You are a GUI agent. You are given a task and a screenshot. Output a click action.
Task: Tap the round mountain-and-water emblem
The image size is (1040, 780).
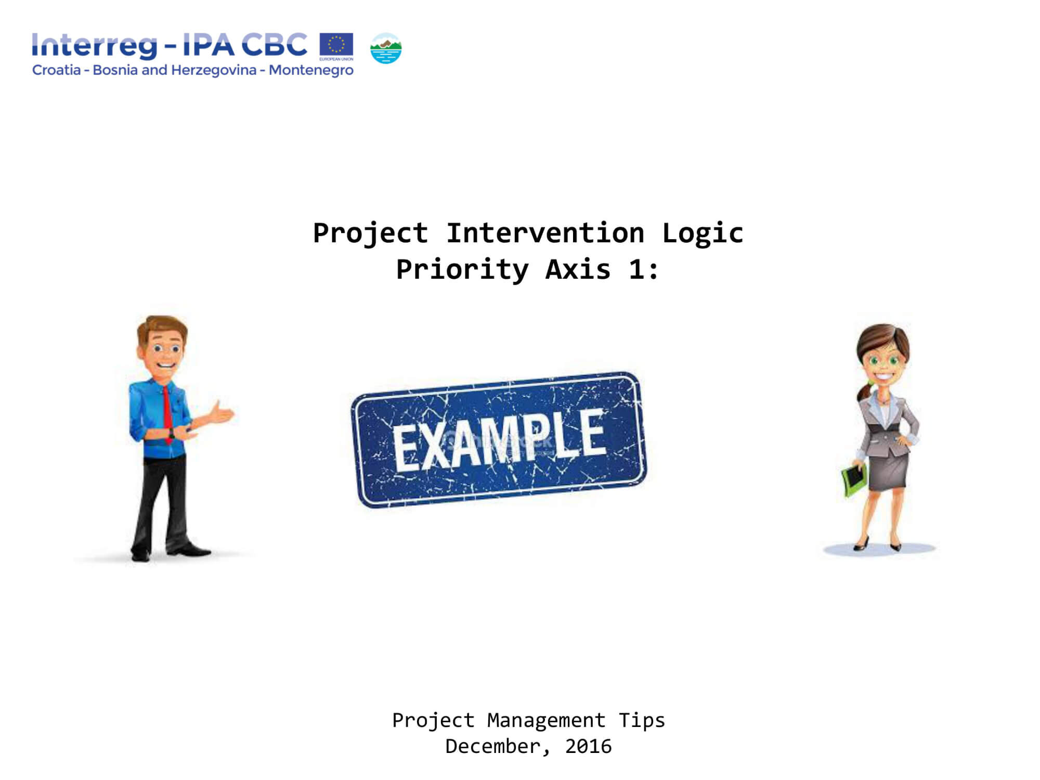click(386, 48)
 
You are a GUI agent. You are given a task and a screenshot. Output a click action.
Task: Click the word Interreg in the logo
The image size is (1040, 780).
click(94, 46)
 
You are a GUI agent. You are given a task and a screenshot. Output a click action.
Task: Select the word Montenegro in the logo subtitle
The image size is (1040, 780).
click(311, 70)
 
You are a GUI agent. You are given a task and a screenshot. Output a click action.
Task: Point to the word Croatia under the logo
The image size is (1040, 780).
click(56, 70)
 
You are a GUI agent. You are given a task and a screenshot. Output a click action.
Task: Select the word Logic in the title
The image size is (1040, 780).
click(703, 233)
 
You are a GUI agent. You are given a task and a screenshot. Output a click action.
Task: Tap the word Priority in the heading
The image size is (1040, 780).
click(462, 270)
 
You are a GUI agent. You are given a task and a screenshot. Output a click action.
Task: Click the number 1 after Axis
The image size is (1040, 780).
click(636, 269)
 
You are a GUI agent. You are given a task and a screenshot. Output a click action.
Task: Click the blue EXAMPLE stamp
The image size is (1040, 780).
click(499, 440)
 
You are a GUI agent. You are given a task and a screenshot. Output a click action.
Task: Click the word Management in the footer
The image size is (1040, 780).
click(546, 721)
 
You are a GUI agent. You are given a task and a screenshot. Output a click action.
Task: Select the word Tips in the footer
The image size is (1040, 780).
click(642, 721)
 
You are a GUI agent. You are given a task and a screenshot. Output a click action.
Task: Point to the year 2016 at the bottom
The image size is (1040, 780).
click(588, 747)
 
